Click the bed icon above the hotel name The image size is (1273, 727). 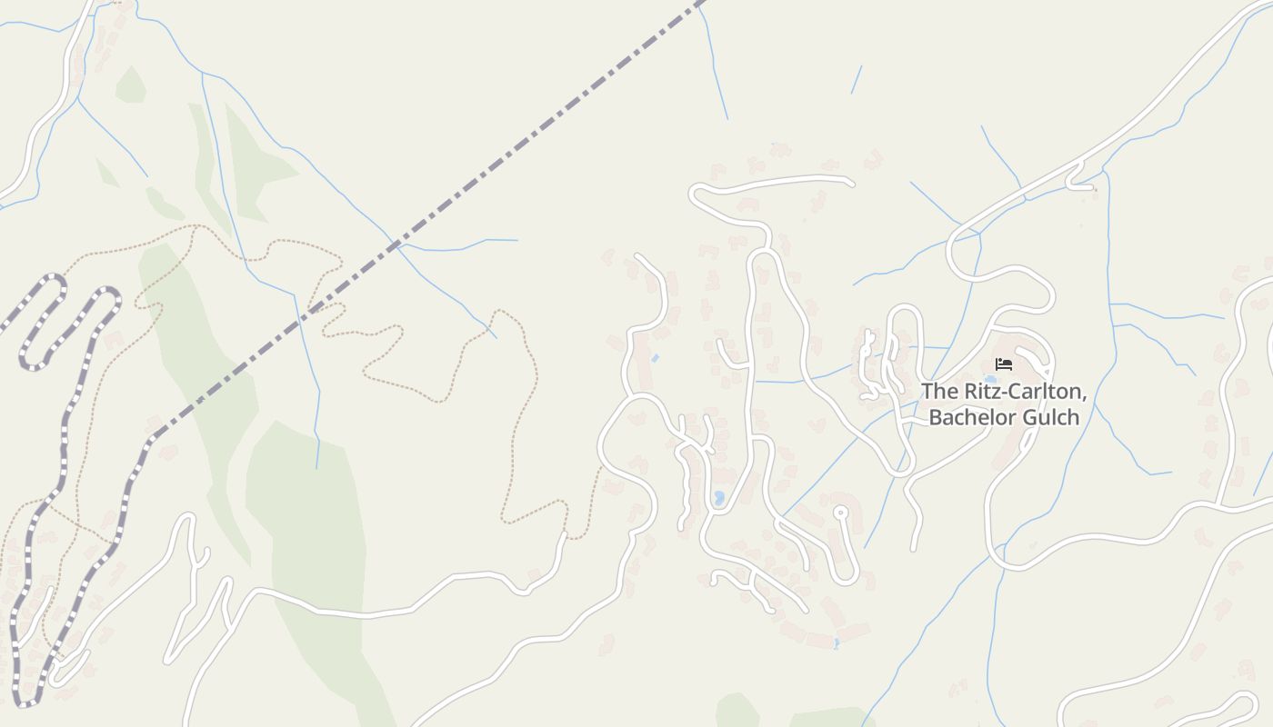(x=1004, y=364)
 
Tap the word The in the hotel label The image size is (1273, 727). (x=940, y=392)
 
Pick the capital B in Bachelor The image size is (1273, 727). (x=935, y=418)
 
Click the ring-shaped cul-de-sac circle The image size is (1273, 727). (x=841, y=513)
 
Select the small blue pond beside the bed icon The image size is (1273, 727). (x=989, y=379)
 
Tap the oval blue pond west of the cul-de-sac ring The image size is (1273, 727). (x=719, y=498)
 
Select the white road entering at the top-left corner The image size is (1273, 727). (x=64, y=82)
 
